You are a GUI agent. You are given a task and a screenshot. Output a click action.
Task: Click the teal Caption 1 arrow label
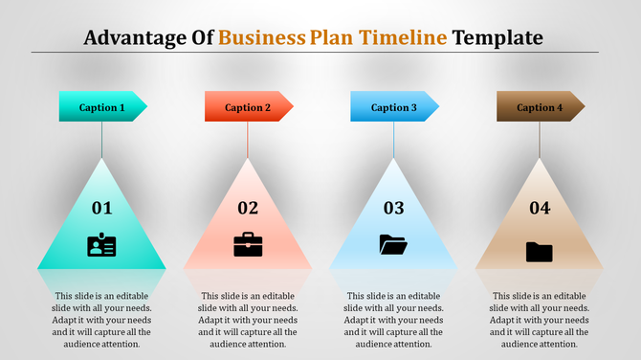tap(102, 107)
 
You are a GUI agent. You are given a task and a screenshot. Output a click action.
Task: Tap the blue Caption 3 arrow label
tap(393, 107)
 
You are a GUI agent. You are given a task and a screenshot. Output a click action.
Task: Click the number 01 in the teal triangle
tap(101, 208)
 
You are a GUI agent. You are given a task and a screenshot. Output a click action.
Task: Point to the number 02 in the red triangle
tap(248, 208)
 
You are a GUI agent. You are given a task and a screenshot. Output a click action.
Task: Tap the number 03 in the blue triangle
tap(393, 208)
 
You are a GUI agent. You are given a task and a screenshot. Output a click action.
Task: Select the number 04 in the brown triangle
tap(540, 208)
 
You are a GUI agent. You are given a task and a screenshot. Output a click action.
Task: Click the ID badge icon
tap(101, 245)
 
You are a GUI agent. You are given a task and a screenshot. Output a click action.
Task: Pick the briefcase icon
tap(248, 244)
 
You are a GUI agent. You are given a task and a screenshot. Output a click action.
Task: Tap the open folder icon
tap(393, 244)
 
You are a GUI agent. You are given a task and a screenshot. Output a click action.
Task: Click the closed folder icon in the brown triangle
tap(540, 251)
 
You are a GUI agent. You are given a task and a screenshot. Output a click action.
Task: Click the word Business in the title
tap(262, 38)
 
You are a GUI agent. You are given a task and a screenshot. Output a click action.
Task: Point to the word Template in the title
tap(497, 38)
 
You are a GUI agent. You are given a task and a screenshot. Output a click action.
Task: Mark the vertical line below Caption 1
tap(101, 140)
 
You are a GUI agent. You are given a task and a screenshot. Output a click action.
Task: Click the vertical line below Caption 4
tap(540, 140)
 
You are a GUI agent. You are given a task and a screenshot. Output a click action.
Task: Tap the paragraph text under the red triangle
tap(248, 320)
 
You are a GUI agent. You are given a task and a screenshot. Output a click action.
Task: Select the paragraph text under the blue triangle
tap(393, 320)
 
